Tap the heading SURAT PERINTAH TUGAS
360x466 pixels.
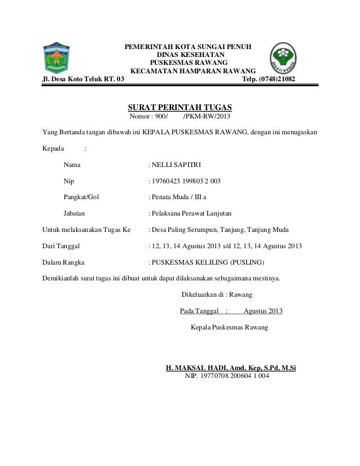(x=180, y=108)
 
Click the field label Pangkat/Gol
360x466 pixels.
(x=81, y=197)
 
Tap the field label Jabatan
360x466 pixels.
(x=75, y=214)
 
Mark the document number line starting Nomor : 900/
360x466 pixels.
(x=181, y=117)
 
